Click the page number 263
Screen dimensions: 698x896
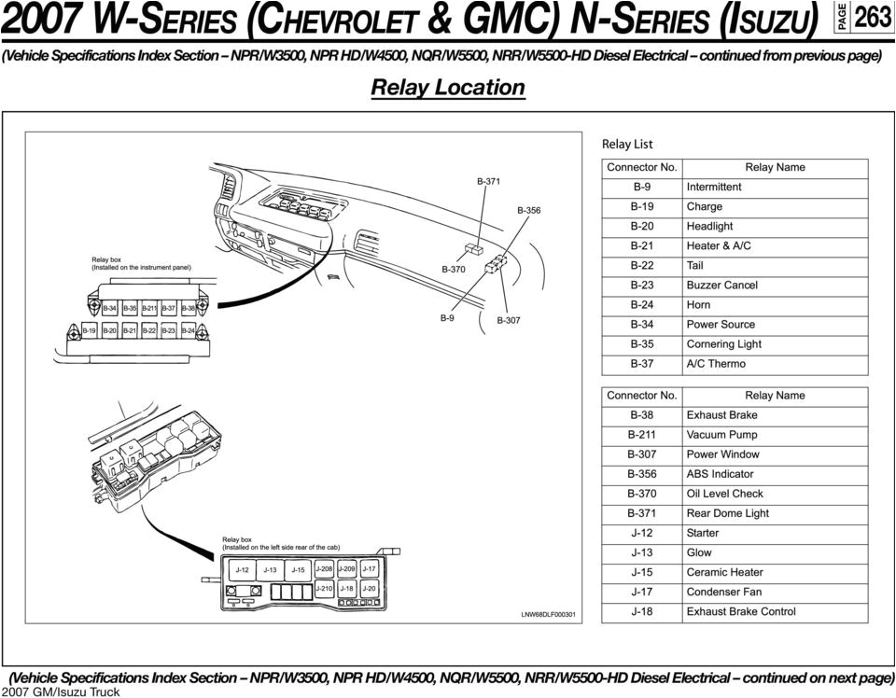[x=873, y=18]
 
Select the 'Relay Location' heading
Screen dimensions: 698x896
[x=448, y=88]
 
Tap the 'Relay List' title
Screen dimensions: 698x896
[x=627, y=144]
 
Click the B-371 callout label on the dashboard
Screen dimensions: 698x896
[x=488, y=182]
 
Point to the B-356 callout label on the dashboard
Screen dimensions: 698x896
[x=528, y=211]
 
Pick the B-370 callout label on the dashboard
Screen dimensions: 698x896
[x=453, y=270]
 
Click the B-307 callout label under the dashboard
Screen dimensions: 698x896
[x=509, y=320]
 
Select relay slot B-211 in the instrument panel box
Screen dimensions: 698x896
[x=149, y=308]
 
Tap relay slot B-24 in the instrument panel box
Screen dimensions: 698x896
[x=189, y=330]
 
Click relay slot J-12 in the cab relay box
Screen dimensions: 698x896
[x=242, y=569]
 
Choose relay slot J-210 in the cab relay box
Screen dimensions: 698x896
[x=323, y=589]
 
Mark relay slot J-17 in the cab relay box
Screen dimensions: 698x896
[x=369, y=568]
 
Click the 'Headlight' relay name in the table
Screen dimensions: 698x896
[x=709, y=226]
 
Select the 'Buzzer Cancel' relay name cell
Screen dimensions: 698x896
[x=721, y=286]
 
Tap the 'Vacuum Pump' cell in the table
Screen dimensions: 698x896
[x=721, y=435]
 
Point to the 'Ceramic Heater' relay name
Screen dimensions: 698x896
[x=724, y=572]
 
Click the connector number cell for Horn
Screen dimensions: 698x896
[x=641, y=305]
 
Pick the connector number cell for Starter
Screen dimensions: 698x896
[x=641, y=533]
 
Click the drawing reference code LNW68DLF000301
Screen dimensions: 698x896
[x=548, y=615]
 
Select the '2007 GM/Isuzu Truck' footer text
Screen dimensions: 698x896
[x=60, y=691]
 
